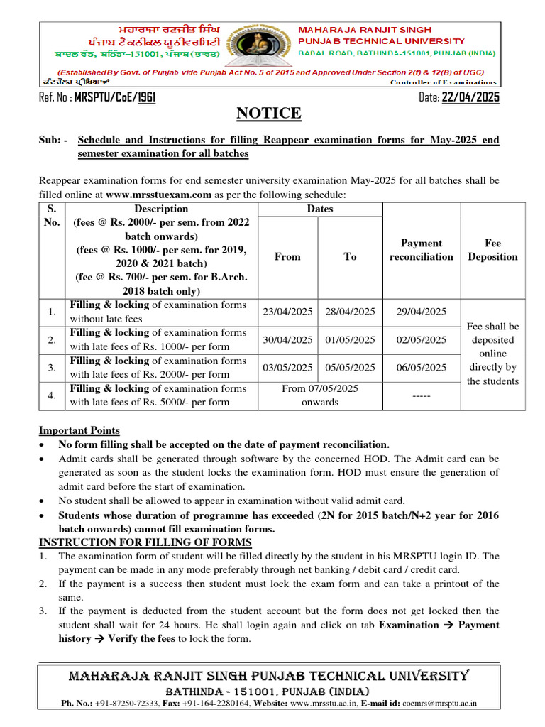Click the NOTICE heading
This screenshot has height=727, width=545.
point(272,113)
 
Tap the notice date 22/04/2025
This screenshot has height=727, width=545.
point(470,97)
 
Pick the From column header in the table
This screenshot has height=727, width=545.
point(287,257)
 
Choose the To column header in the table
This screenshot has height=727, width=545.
point(350,257)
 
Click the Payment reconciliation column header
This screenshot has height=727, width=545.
point(422,250)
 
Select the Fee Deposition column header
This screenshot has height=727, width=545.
point(493,250)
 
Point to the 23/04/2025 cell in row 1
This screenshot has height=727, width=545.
point(287,312)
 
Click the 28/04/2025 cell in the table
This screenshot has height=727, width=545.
point(350,312)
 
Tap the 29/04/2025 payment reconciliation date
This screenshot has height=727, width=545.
point(422,312)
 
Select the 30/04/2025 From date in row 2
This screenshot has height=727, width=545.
point(287,340)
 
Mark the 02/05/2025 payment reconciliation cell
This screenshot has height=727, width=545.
point(422,340)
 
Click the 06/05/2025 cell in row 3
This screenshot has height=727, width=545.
point(422,368)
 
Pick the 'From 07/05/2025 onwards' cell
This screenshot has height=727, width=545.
point(319,395)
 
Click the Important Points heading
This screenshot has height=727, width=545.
point(79,430)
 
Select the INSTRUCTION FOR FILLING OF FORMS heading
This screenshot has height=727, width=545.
point(145,542)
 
